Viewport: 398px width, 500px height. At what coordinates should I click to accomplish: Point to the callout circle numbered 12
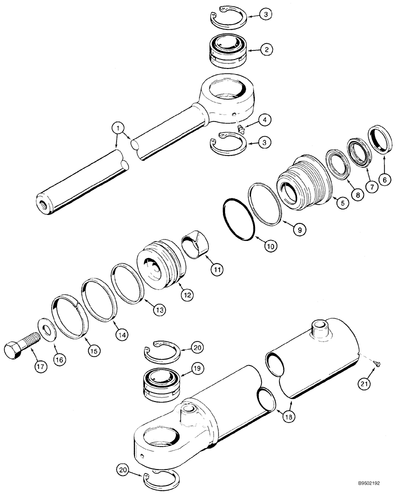[187, 295]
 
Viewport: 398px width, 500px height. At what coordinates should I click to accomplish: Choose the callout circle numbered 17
[39, 367]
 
